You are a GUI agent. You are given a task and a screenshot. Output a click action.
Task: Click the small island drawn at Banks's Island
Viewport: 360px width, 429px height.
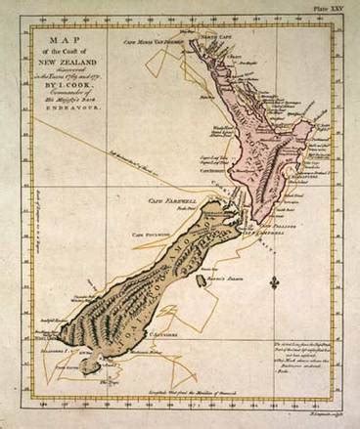click(x=201, y=280)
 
